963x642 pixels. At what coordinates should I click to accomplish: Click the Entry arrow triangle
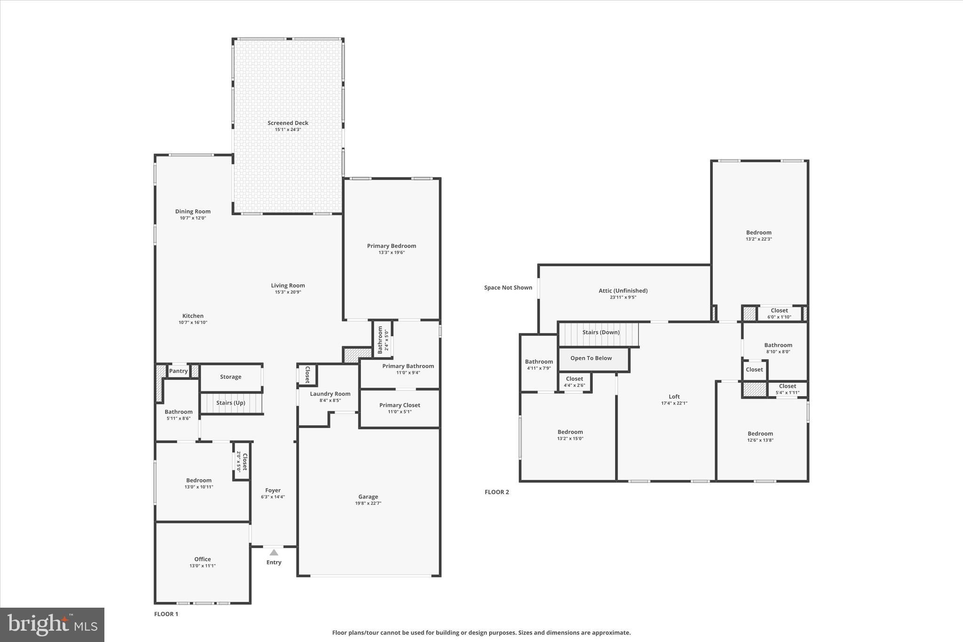[274, 553]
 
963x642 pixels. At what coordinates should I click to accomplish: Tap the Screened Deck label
[288, 123]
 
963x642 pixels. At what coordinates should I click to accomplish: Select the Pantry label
[179, 371]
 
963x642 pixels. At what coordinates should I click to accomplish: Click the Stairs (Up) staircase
[231, 403]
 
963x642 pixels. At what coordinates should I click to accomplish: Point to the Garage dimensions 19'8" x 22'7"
[368, 503]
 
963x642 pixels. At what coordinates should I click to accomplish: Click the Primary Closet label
[400, 405]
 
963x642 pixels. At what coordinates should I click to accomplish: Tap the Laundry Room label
[330, 394]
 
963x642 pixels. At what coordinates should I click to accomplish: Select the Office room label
[203, 559]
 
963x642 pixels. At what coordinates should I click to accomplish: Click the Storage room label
[230, 377]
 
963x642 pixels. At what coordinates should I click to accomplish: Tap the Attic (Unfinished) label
[623, 291]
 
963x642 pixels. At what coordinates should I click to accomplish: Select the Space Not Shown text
[508, 288]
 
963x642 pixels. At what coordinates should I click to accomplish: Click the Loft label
[674, 396]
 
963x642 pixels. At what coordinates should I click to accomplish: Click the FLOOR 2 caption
[497, 492]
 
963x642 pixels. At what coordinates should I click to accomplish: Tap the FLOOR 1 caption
[166, 614]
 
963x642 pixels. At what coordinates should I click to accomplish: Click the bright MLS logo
[52, 625]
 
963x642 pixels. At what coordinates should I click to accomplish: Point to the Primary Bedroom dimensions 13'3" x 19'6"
[392, 253]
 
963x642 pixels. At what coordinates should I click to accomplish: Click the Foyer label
[273, 490]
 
